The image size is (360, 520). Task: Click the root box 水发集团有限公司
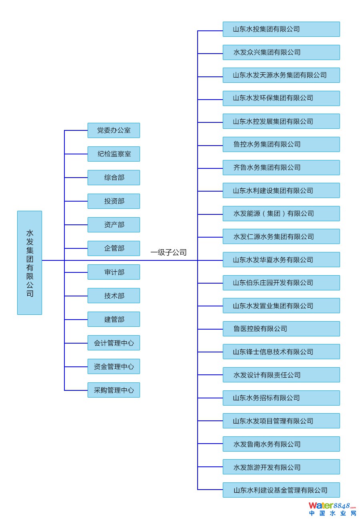coord(30,262)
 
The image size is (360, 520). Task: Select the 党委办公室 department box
coord(114,130)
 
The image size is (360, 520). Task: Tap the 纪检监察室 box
coord(114,154)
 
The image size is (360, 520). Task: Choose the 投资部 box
coord(114,201)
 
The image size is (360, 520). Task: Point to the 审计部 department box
coord(114,272)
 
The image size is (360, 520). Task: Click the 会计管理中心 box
coord(114,343)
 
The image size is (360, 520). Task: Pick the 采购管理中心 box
coord(114,390)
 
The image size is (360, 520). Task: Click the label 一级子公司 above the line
coord(168,252)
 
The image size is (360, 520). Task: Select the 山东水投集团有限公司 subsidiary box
coord(281,29)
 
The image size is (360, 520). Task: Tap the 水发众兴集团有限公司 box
coord(281,52)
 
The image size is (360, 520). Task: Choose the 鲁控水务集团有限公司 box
coord(281,144)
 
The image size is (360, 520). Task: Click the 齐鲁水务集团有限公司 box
coord(281,168)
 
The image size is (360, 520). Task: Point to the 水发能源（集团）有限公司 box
coord(281,214)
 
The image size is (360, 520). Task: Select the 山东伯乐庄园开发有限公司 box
coord(281,283)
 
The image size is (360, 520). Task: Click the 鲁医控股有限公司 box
coord(281,329)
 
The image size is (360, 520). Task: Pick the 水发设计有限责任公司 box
coord(281,375)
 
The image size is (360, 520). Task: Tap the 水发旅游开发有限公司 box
coord(281,467)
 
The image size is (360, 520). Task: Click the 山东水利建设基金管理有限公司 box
coord(281,490)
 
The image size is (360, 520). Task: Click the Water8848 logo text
coord(332,506)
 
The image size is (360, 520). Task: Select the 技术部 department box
coord(114,296)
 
